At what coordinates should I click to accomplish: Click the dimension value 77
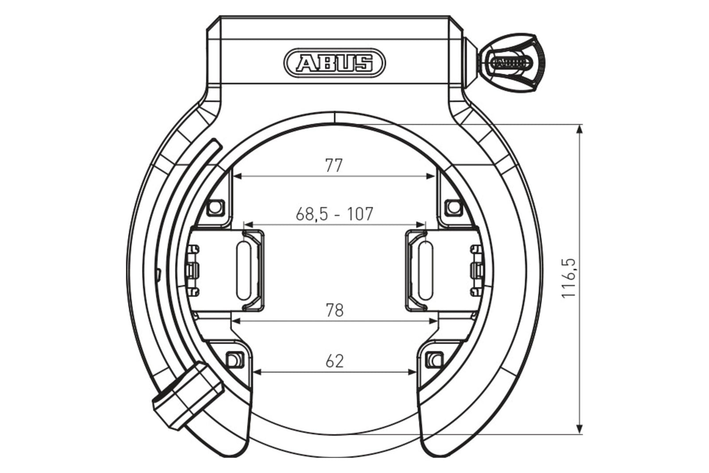click(334, 165)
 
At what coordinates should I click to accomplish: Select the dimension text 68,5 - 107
click(335, 214)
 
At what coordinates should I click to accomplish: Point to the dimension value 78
click(335, 310)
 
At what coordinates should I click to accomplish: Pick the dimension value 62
click(335, 361)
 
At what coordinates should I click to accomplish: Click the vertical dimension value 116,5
click(569, 278)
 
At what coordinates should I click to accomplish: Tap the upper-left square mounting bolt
click(214, 207)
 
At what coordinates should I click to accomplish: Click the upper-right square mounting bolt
click(453, 207)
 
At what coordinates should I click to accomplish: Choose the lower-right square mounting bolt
click(434, 359)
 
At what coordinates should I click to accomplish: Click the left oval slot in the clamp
click(244, 270)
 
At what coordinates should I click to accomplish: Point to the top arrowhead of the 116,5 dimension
click(579, 129)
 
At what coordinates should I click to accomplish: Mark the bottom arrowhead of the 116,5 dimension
click(579, 429)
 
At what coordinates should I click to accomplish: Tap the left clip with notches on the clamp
click(194, 270)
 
